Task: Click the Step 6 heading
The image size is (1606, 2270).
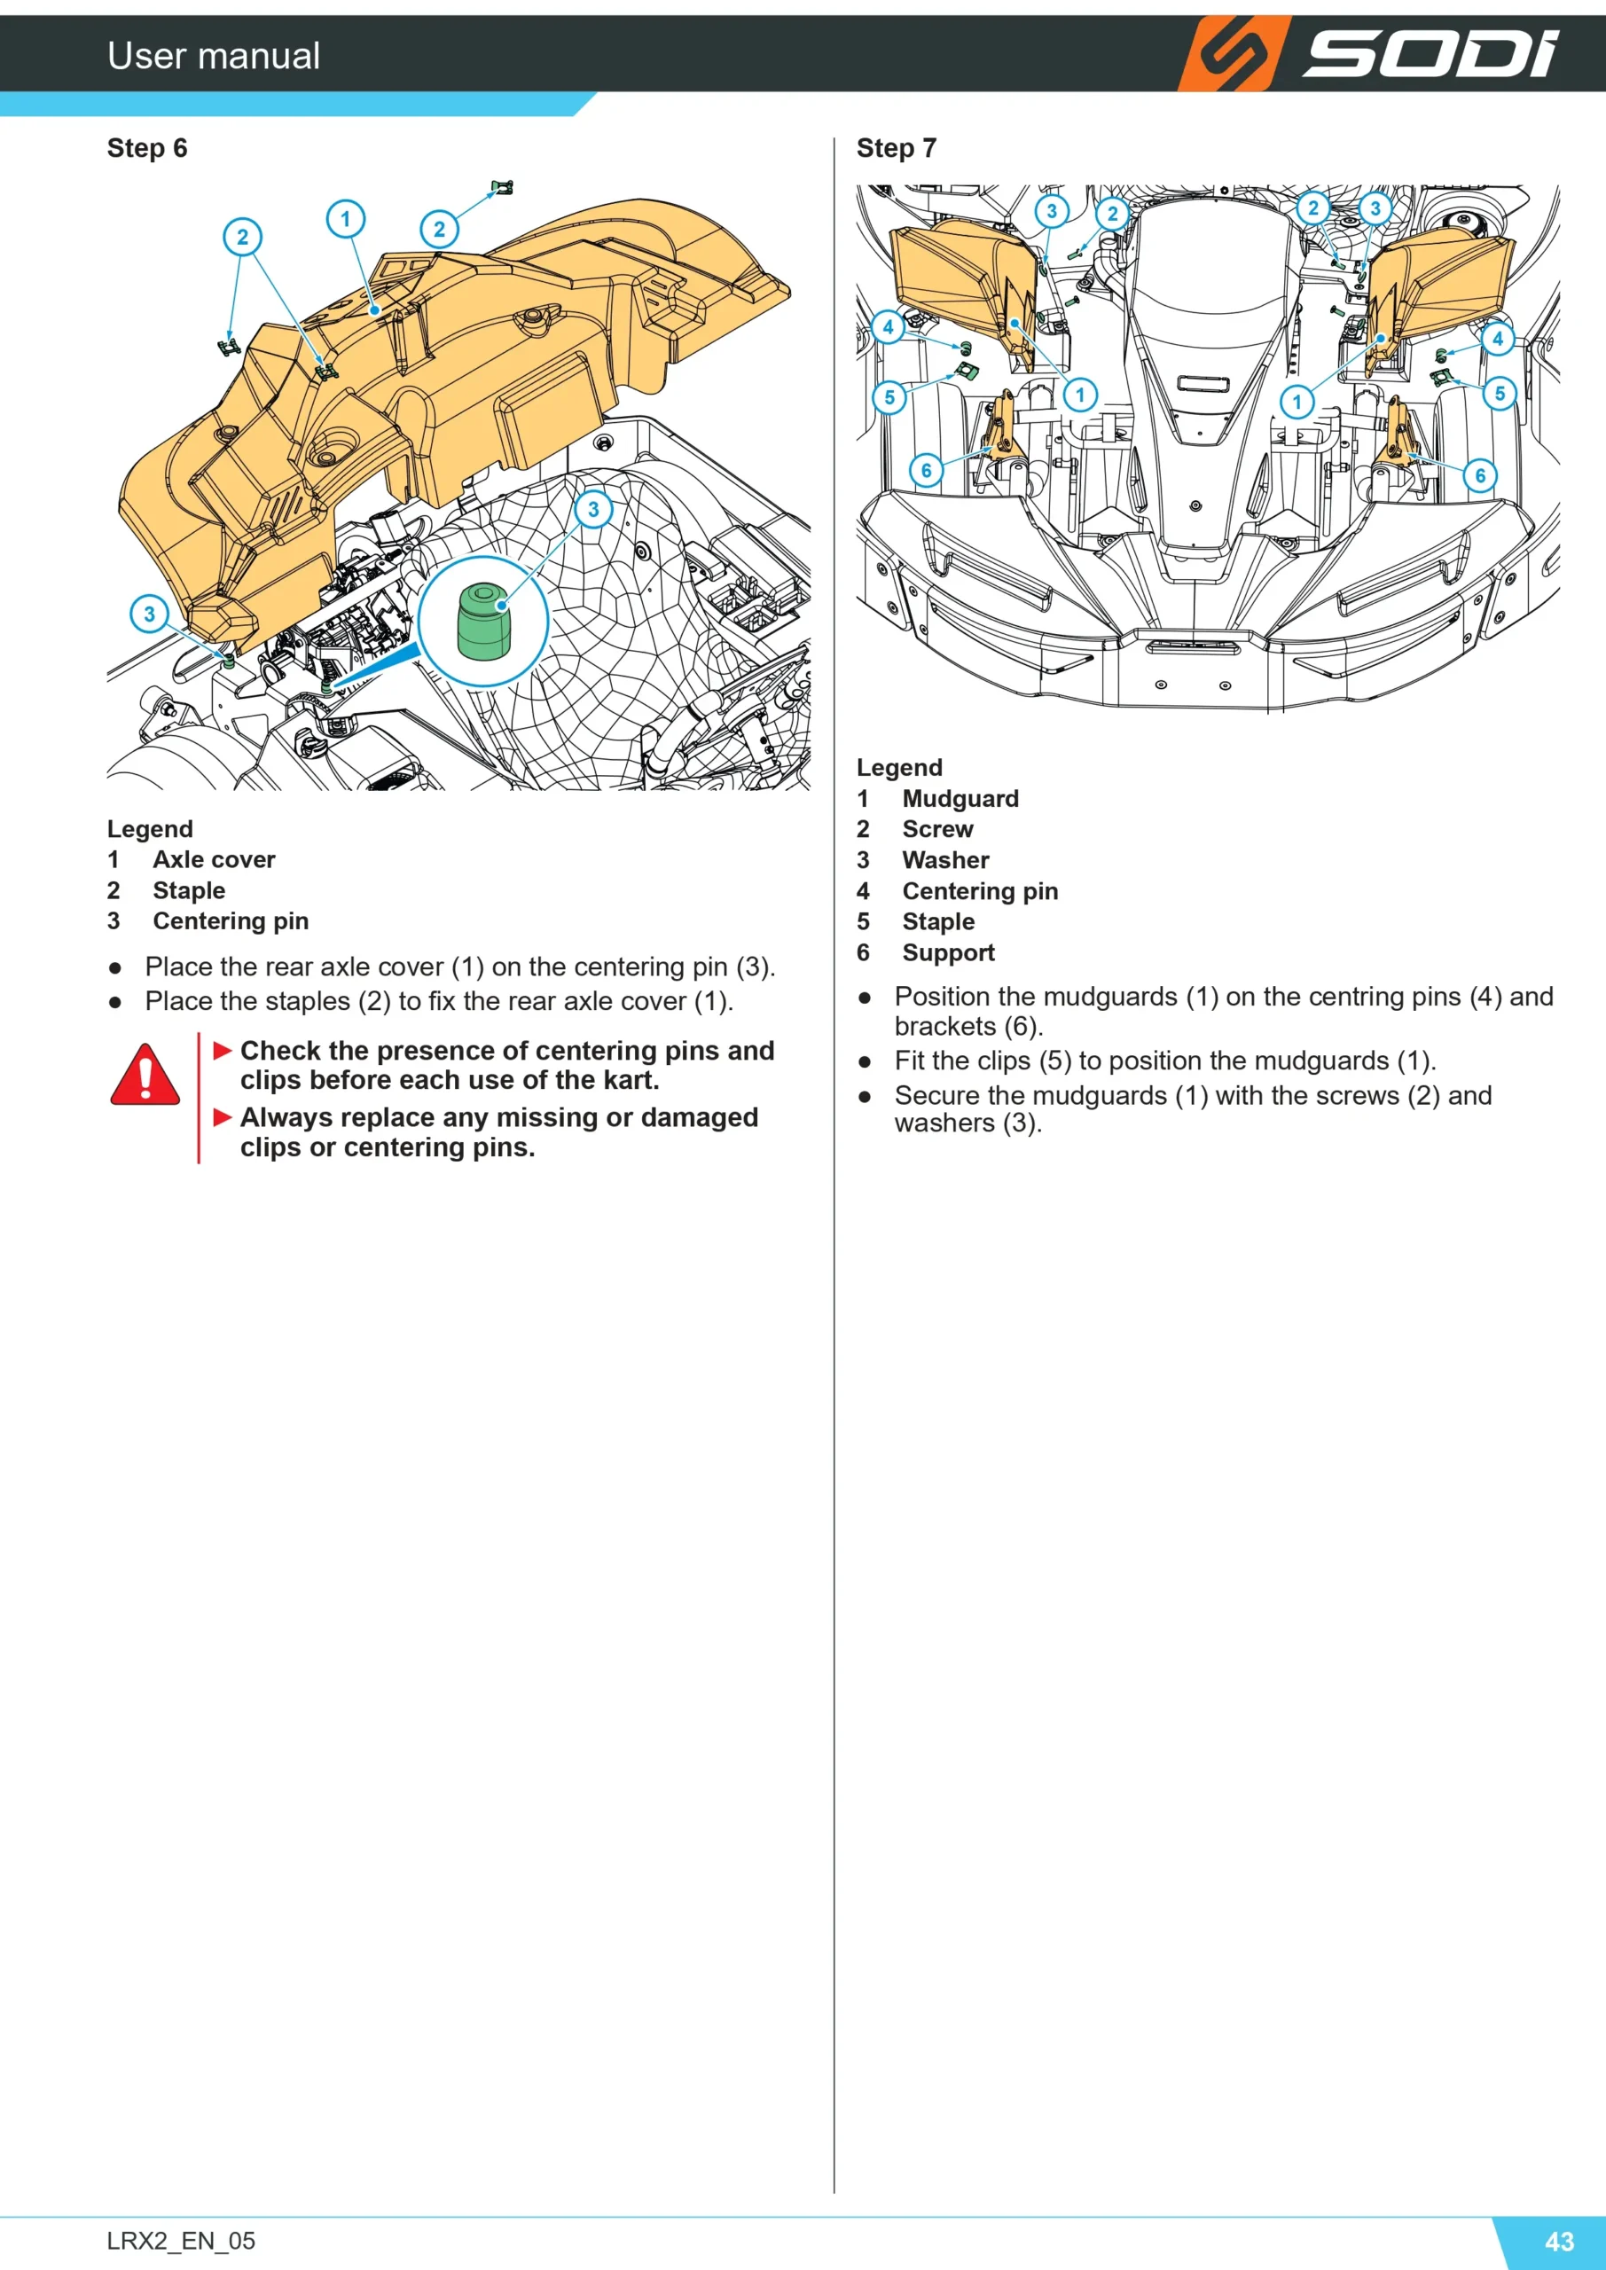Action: (146, 148)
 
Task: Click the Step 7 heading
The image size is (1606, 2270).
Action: (896, 148)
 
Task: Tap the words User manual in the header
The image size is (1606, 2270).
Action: (214, 55)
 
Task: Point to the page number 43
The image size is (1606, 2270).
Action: (1560, 2241)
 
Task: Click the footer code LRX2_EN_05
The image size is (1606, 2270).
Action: (181, 2241)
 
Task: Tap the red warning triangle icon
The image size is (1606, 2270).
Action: (145, 1075)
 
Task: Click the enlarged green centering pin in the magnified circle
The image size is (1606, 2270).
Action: (482, 621)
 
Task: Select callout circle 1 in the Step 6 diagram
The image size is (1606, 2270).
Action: (345, 218)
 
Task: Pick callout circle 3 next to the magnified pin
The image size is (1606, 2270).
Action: (593, 509)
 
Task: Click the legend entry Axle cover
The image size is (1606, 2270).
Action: (214, 859)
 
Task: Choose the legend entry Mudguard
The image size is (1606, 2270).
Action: (960, 798)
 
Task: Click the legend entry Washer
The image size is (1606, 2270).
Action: (945, 860)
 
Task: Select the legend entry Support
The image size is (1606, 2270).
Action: (948, 952)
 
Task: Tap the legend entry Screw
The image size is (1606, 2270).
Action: (937, 828)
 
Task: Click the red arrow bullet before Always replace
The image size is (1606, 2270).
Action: (223, 1117)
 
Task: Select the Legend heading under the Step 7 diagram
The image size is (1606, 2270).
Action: (899, 767)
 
